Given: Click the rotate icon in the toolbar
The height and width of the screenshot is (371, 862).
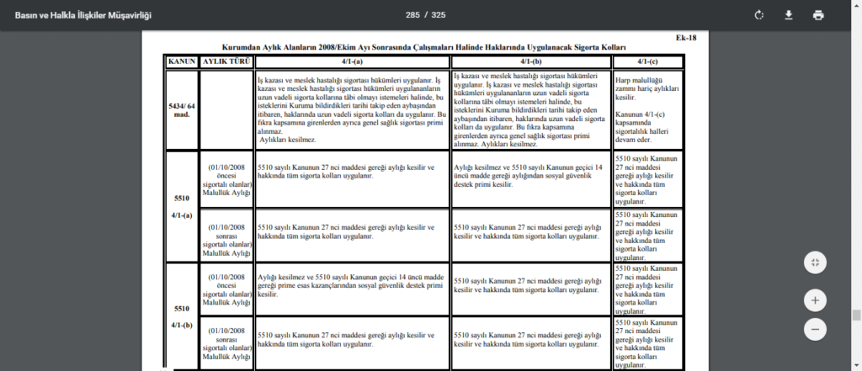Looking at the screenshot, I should pyautogui.click(x=759, y=15).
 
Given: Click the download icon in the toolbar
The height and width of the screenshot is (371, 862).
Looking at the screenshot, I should pyautogui.click(x=789, y=15).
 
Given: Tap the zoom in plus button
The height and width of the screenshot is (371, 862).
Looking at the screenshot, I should pyautogui.click(x=815, y=299).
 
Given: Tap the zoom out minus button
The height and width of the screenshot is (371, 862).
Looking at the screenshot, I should pyautogui.click(x=815, y=329).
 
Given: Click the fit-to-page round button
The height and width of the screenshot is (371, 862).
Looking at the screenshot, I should pyautogui.click(x=815, y=262).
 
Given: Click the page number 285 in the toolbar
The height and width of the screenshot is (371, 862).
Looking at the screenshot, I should pyautogui.click(x=412, y=15).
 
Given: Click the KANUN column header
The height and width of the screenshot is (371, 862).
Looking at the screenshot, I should pyautogui.click(x=182, y=61).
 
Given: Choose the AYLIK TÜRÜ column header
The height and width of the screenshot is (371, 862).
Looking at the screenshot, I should pyautogui.click(x=226, y=61).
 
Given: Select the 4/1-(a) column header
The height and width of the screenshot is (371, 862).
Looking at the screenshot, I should pyautogui.click(x=352, y=61).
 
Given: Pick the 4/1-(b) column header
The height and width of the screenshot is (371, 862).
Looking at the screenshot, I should pyautogui.click(x=531, y=61).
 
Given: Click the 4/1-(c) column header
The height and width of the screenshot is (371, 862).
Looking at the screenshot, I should pyautogui.click(x=646, y=61).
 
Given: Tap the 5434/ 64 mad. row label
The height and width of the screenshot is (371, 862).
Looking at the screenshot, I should pyautogui.click(x=182, y=109).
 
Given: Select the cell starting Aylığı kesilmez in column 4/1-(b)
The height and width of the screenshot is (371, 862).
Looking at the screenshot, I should pyautogui.click(x=530, y=179).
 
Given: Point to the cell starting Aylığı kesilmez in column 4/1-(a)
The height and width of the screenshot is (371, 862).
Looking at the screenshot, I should pyautogui.click(x=352, y=286).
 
